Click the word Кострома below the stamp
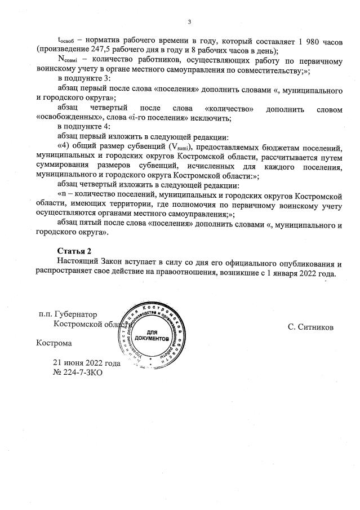click(x=54, y=342)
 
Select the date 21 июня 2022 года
click(x=87, y=363)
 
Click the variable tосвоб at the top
click(x=67, y=42)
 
